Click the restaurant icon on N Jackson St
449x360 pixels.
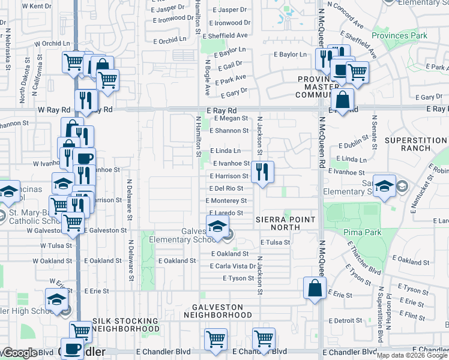(x=262, y=172)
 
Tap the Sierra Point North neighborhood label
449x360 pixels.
(x=285, y=223)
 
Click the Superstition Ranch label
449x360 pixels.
(x=416, y=144)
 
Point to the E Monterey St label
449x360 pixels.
(x=226, y=201)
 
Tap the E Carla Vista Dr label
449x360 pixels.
(x=234, y=266)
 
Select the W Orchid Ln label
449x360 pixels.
(x=52, y=44)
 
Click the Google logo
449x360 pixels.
(x=20, y=353)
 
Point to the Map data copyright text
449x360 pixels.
(x=412, y=355)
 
